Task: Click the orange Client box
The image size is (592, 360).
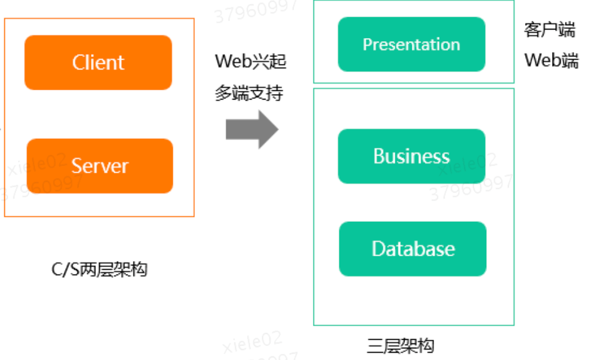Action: coord(98,63)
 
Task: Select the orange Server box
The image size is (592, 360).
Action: coord(100,166)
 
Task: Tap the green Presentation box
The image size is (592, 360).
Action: coord(411,44)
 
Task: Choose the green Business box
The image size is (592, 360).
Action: coord(411,156)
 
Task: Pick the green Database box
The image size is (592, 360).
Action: coord(412,249)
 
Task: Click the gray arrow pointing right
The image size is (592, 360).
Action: coord(252,130)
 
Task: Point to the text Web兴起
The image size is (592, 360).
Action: coord(251,61)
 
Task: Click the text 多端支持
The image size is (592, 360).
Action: coord(249,93)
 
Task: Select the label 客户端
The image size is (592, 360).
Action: coord(550,29)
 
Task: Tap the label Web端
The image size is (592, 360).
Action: coord(551,60)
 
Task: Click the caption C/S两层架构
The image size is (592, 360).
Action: coord(100,269)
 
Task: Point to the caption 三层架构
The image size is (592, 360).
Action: coord(400,346)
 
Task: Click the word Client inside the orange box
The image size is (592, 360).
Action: coord(98,63)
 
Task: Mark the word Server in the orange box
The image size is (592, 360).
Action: coord(100,166)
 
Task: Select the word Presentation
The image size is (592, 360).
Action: coord(411,44)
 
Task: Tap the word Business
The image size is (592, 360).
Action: coord(411,156)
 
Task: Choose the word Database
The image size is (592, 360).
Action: coord(413,249)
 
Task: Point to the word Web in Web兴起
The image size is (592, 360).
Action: coord(232,61)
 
